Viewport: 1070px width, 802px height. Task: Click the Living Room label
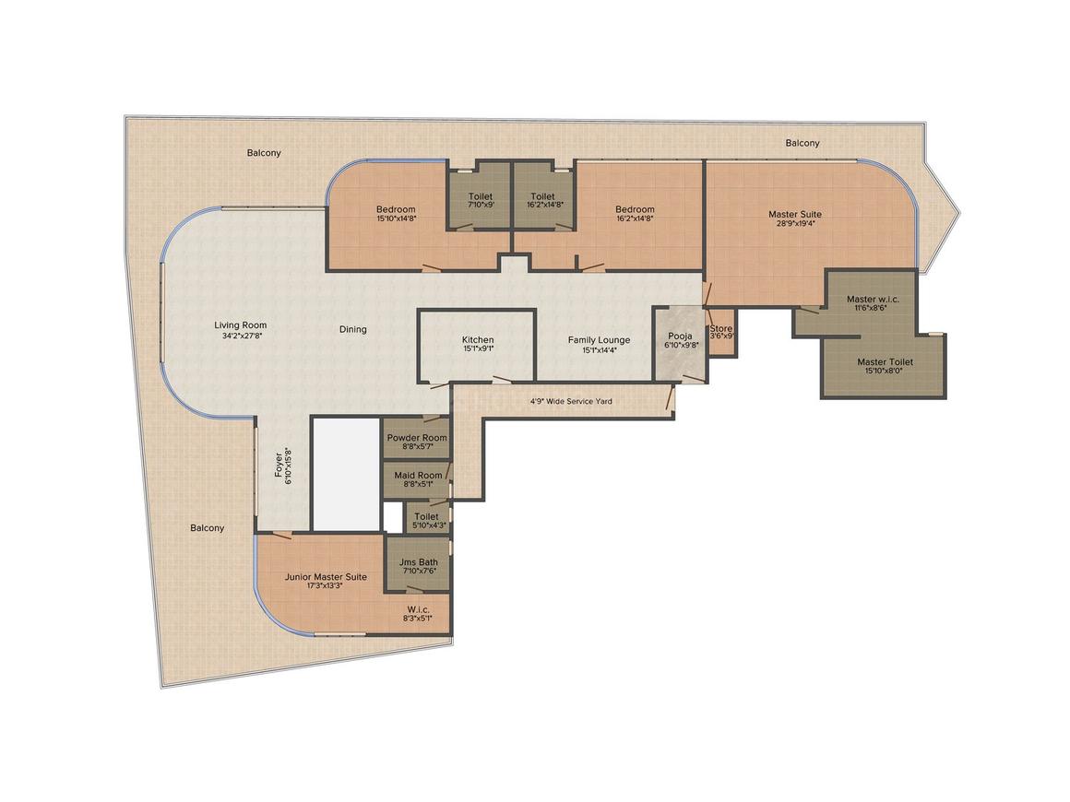tap(240, 325)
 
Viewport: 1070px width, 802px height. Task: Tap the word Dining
tap(352, 329)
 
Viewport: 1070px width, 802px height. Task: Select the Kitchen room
tap(477, 345)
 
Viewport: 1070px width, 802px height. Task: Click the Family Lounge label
tap(600, 339)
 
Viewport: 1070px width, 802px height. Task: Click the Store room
tap(721, 332)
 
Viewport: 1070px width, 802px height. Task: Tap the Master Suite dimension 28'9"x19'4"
tap(795, 224)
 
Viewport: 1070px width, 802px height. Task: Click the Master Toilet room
tap(885, 365)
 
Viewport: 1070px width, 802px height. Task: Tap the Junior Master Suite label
tap(326, 577)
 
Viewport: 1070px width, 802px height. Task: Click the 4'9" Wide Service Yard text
tap(571, 401)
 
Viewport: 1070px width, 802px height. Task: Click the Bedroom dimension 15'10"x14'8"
tap(396, 218)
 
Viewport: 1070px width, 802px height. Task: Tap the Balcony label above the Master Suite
tap(802, 143)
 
